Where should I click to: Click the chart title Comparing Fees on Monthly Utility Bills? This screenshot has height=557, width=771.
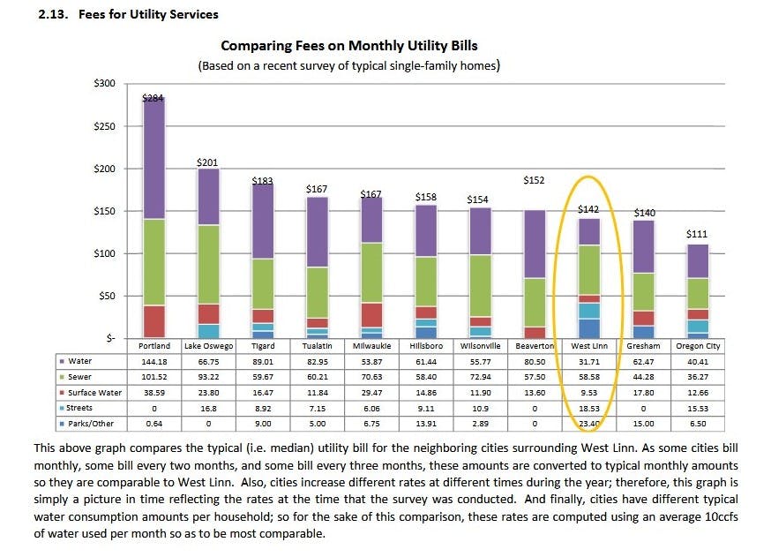coord(348,46)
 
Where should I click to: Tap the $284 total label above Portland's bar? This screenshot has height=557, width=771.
coord(153,99)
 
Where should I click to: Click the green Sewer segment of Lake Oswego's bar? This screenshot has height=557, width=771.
coord(207,264)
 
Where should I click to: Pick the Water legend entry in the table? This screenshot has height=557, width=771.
coord(81,360)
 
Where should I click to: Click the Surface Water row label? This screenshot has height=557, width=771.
coord(94,392)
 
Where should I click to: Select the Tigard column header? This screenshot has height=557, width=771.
coord(261,346)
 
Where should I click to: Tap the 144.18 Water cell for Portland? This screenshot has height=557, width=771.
coord(154,361)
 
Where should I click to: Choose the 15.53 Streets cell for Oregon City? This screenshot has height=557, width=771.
coord(698,408)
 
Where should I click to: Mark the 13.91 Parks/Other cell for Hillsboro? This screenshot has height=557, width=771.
coord(425,424)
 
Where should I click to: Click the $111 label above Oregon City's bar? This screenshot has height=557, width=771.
coord(697,234)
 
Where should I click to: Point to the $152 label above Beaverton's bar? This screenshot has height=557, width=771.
coord(534,180)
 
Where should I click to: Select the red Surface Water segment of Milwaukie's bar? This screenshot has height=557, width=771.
coord(371,315)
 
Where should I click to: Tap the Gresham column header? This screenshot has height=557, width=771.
coord(643,346)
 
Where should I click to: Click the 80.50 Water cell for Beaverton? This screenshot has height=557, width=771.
coord(534,361)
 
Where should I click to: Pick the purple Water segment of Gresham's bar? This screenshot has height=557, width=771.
coord(643,246)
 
